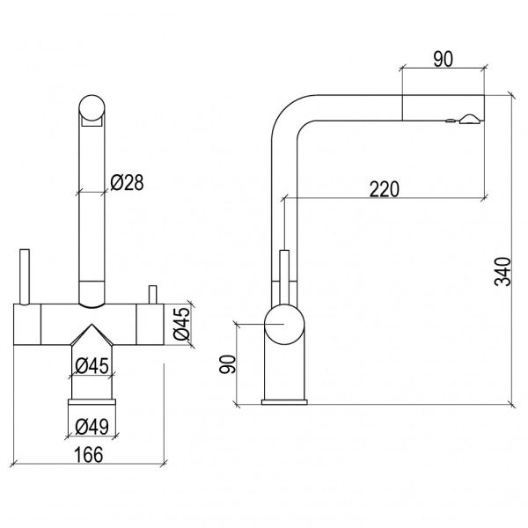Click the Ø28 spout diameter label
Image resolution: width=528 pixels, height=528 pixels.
tap(127, 183)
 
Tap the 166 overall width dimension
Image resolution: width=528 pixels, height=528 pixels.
tap(89, 455)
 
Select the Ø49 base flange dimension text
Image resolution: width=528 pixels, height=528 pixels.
tap(92, 427)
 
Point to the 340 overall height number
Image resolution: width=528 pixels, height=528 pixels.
tap(502, 271)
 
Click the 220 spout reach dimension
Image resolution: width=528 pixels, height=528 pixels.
tap(385, 189)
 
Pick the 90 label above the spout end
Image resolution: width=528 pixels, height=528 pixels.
tap(444, 59)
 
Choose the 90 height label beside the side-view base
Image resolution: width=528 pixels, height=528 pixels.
tap(227, 364)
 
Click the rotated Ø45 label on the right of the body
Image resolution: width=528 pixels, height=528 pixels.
tap(182, 324)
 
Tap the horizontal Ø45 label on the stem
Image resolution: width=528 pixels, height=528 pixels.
tap(92, 366)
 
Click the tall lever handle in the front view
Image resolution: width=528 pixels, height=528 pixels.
tap(25, 277)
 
